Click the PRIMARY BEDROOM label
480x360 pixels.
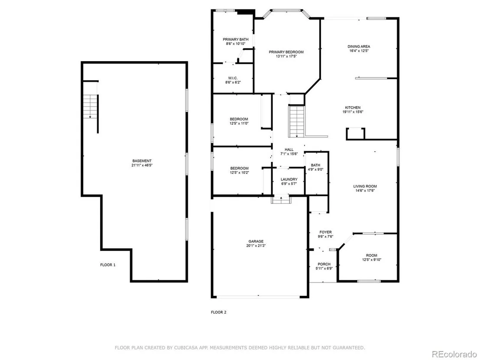click(x=286, y=52)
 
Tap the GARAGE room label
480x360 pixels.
click(x=256, y=241)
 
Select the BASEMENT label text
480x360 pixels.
click(x=142, y=161)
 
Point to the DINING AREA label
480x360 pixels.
click(x=359, y=46)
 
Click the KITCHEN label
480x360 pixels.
click(x=353, y=107)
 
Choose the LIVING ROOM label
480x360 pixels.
click(x=365, y=186)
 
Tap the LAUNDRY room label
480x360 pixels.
click(x=289, y=179)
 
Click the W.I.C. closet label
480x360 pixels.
click(x=233, y=78)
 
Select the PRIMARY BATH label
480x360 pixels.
click(x=236, y=39)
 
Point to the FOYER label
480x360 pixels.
click(x=325, y=232)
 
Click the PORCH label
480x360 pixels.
click(x=324, y=264)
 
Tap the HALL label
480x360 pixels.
click(x=289, y=150)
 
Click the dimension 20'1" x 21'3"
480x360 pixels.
click(x=256, y=246)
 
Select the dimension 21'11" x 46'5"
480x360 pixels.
click(x=142, y=165)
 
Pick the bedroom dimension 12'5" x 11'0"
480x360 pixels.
click(x=239, y=123)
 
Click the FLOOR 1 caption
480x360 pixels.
click(x=108, y=265)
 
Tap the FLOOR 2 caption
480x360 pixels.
click(x=219, y=312)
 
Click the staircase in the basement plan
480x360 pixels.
click(x=90, y=107)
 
